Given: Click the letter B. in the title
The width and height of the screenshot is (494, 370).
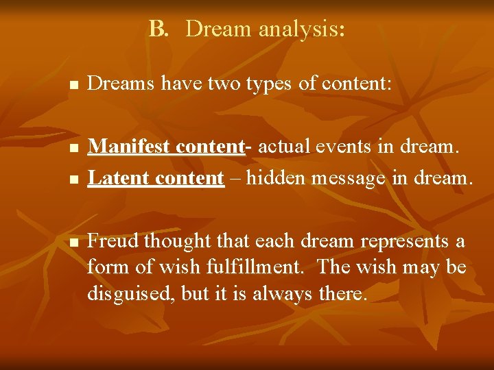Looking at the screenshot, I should pyautogui.click(x=158, y=29).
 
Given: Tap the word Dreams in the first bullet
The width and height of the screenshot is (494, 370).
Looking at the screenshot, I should pyautogui.click(x=121, y=84).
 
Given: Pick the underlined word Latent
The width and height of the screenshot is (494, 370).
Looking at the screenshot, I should pyautogui.click(x=119, y=178).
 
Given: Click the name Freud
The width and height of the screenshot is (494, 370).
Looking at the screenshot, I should pyautogui.click(x=113, y=242).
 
